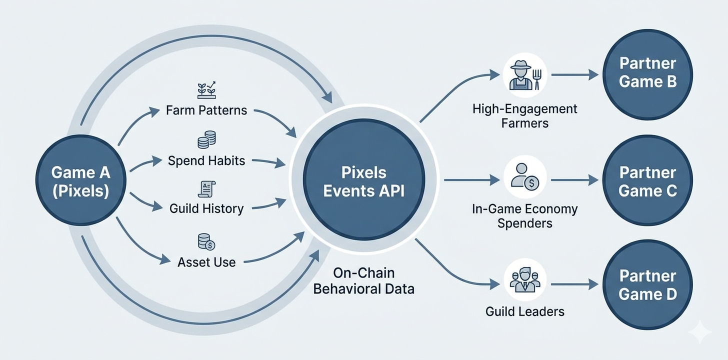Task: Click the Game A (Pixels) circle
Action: point(80,181)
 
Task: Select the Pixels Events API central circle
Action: point(363,181)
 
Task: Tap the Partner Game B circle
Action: point(647,73)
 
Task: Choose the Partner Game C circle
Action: point(647,181)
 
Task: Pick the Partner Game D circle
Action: point(647,285)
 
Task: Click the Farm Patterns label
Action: point(206,110)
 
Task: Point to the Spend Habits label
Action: point(206,160)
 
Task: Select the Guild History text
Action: point(206,208)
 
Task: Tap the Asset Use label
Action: point(206,261)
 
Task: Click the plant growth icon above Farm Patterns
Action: point(206,89)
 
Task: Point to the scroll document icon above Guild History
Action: point(206,188)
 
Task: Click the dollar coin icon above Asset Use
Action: point(206,242)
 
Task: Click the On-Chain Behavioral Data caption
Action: point(363,280)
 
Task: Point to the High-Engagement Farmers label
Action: point(524,116)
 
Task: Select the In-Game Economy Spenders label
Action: point(524,215)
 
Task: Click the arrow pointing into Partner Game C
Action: point(575,180)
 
